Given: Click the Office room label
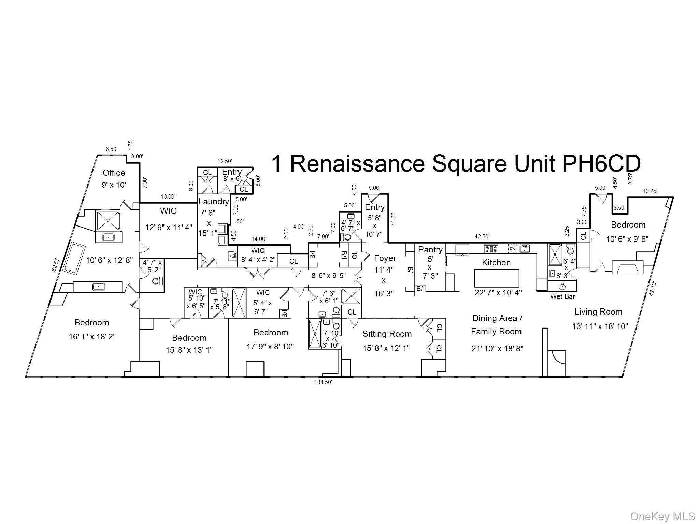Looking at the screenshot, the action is [114, 173].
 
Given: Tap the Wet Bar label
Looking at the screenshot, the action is [562, 296].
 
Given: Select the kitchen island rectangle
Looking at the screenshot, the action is [497, 278].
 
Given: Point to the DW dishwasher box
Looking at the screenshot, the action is [513, 249].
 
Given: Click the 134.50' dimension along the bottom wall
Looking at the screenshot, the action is [323, 382].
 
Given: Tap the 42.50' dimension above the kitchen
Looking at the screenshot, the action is [482, 236].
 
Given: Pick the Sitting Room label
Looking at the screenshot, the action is [387, 334].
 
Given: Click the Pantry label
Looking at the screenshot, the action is [430, 249].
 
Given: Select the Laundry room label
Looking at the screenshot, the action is [214, 201].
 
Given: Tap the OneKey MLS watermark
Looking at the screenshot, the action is [662, 516].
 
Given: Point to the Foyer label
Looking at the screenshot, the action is [385, 258].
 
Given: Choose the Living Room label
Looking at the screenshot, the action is [598, 311].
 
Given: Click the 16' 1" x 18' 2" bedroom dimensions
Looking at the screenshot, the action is [92, 337].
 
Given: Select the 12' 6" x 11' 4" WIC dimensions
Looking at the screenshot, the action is [169, 227].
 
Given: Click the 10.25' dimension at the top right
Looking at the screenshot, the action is [650, 191].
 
